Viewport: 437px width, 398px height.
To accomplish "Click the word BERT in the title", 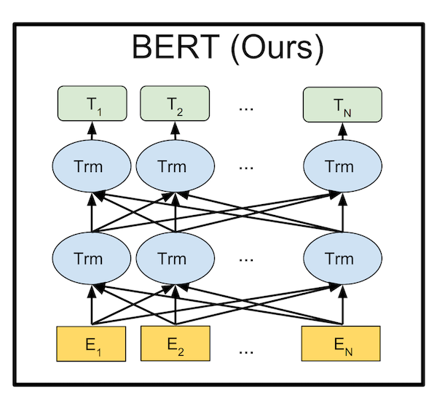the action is [176, 47].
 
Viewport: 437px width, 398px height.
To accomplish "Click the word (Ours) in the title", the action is [277, 49].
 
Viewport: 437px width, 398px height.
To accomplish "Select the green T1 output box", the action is [92, 104].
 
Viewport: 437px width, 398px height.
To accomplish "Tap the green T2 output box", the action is [175, 104].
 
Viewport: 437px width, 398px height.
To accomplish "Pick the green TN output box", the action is [342, 104].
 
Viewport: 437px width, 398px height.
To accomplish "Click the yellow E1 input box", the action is [91, 344].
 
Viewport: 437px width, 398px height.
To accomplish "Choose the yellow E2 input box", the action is [176, 343].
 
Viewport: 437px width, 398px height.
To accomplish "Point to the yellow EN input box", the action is [341, 343].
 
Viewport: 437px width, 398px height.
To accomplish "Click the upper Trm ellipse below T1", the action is [92, 166].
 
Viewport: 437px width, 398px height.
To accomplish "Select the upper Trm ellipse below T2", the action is [176, 166].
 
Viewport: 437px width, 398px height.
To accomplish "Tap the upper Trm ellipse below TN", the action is [342, 166].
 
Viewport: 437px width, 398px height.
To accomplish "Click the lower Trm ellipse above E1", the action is [92, 258].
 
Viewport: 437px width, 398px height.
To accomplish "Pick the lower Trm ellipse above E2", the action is [176, 258].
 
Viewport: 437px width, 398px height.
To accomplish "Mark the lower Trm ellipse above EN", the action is [342, 258].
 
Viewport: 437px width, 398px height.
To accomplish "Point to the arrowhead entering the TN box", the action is [342, 128].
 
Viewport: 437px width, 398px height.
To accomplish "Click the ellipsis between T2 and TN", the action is [246, 109].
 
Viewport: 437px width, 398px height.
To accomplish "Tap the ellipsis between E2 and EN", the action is [246, 353].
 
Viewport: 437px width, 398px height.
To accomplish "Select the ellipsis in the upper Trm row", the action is [246, 168].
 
